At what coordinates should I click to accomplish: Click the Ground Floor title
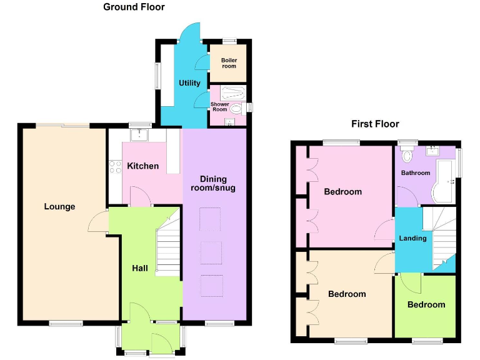(x=134, y=7)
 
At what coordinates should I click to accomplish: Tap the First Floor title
(x=375, y=124)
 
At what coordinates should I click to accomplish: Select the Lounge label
(x=60, y=207)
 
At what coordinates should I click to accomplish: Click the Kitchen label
(x=143, y=166)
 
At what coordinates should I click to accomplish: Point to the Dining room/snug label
(x=214, y=183)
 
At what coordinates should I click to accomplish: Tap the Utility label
(x=189, y=83)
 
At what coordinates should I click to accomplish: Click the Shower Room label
(x=219, y=107)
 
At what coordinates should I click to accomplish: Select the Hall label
(x=140, y=268)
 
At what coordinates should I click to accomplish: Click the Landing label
(x=413, y=238)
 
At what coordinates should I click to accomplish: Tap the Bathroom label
(x=416, y=173)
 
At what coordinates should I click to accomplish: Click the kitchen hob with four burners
(x=116, y=166)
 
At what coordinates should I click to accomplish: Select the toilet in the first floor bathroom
(x=407, y=154)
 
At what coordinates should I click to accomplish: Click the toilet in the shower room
(x=236, y=109)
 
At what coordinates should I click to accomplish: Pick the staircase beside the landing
(x=440, y=234)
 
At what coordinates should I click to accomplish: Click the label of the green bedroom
(x=426, y=304)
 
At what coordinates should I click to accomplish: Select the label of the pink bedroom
(x=342, y=192)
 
